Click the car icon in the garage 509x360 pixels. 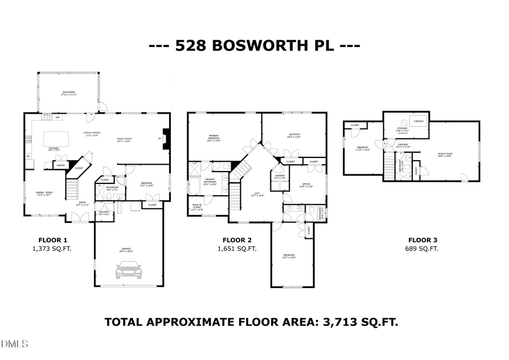(128, 271)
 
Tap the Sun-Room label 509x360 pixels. (68, 93)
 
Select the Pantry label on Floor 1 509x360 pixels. (60, 165)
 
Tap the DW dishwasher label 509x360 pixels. (58, 118)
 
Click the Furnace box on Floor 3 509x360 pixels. (419, 121)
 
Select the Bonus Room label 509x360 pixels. (445, 154)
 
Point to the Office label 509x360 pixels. (305, 185)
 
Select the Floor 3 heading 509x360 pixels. (422, 239)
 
